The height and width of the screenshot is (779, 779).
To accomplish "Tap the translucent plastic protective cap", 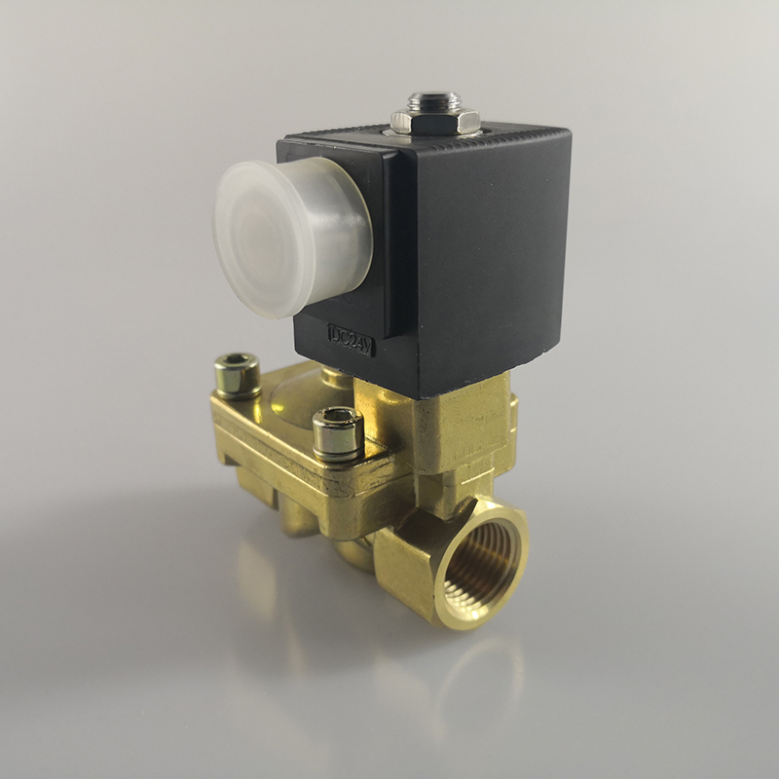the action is tap(292, 237).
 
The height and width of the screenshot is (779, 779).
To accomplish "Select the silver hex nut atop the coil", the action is tap(435, 121).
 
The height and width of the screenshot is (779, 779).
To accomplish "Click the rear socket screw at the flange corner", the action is tap(238, 375).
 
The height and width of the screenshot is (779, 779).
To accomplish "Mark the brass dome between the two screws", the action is tap(298, 397).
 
